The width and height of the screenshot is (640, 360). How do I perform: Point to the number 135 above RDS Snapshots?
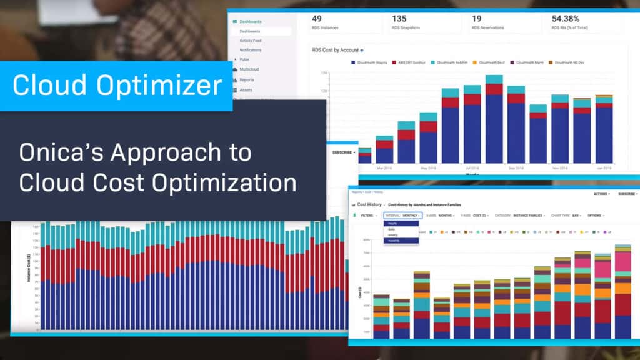(x=399, y=19)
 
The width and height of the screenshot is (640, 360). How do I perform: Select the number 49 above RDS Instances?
(x=317, y=19)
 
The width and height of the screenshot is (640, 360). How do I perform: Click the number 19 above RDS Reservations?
(x=477, y=19)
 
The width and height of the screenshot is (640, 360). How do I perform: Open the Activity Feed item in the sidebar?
(x=250, y=41)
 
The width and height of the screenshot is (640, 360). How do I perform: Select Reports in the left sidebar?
(x=247, y=79)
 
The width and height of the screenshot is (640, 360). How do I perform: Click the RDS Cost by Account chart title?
(x=335, y=49)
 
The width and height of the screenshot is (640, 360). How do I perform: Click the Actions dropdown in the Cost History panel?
(x=601, y=194)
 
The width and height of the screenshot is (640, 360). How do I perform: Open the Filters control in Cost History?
(x=367, y=216)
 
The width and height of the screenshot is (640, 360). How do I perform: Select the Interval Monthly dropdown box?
(x=403, y=216)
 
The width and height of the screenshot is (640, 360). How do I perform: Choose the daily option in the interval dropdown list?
(x=392, y=229)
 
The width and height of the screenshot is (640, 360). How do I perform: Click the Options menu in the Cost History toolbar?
(x=595, y=216)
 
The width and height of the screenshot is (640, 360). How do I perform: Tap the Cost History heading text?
(x=369, y=204)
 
